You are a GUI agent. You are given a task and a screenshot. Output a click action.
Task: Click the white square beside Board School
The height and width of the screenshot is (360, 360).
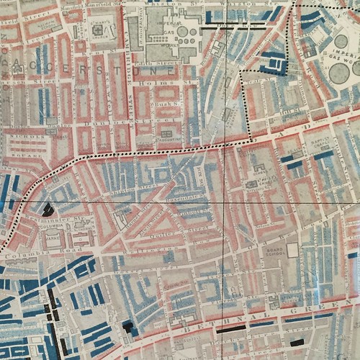292,251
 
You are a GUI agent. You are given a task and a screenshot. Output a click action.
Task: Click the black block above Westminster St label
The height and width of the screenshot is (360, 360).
48,209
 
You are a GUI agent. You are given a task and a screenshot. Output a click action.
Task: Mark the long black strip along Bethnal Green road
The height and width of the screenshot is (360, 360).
231,328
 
